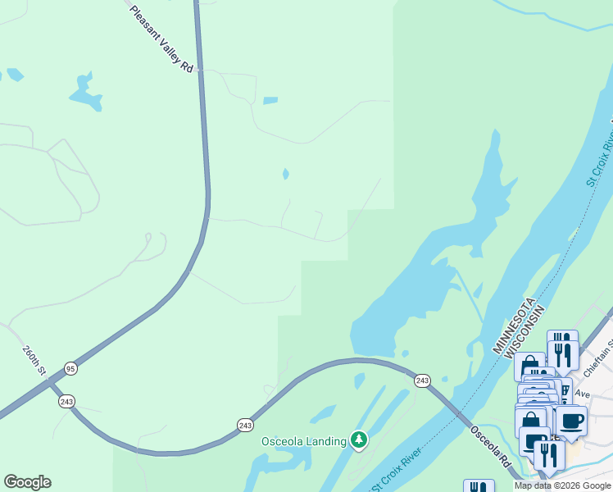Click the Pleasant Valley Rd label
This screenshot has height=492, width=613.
pyautogui.click(x=163, y=39)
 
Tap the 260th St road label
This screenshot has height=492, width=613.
pyautogui.click(x=34, y=360)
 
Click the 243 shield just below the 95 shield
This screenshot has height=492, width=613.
pyautogui.click(x=66, y=401)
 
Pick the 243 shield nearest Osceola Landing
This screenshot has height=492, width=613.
pyautogui.click(x=245, y=424)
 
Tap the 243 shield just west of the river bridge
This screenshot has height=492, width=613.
pyautogui.click(x=422, y=380)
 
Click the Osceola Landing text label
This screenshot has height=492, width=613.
pyautogui.click(x=304, y=441)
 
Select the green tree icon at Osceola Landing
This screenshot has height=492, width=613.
pyautogui.click(x=358, y=440)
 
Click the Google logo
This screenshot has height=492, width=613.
pyautogui.click(x=27, y=482)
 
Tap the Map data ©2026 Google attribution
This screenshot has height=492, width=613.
pyautogui.click(x=562, y=485)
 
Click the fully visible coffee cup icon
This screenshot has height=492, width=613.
pyautogui.click(x=572, y=421)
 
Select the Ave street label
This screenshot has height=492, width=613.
pyautogui.click(x=583, y=394)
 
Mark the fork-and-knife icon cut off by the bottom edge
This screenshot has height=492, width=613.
pyautogui.click(x=479, y=486)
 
